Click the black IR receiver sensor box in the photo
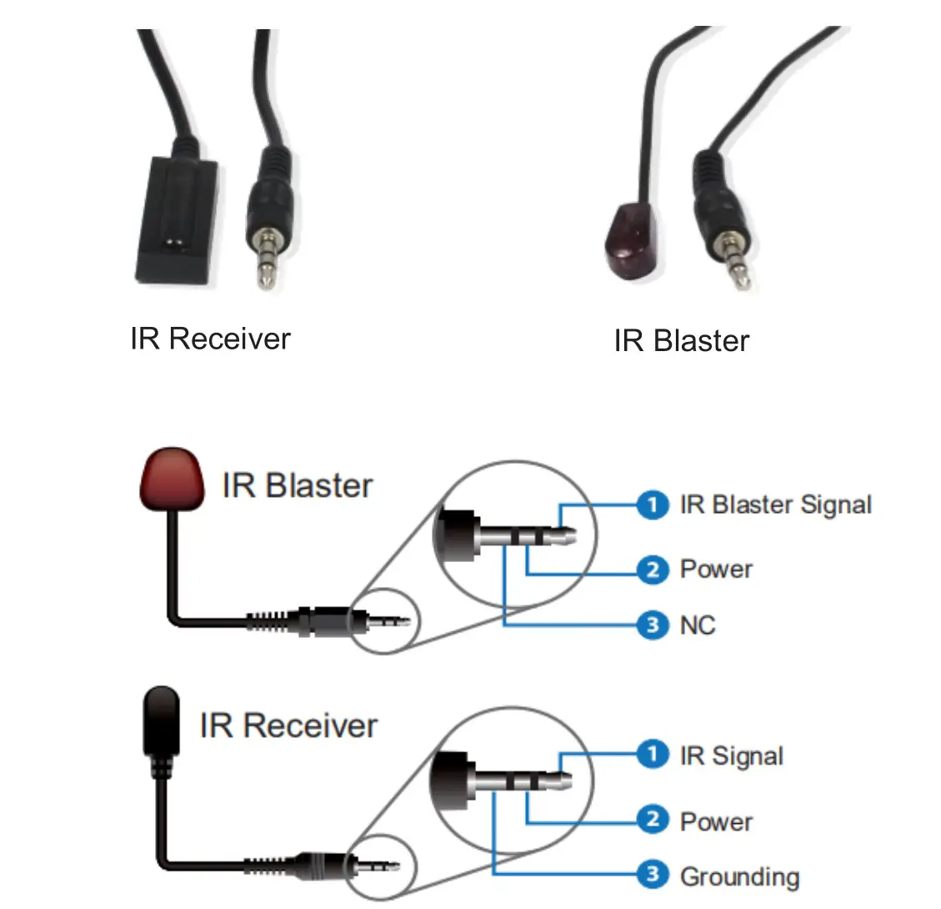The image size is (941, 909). click(176, 221)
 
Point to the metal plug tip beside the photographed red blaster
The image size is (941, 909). click(734, 259)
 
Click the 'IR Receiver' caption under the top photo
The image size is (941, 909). click(210, 339)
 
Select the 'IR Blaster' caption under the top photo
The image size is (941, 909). click(682, 340)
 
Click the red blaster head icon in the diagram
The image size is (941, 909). click(173, 480)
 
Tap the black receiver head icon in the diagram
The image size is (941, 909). click(162, 721)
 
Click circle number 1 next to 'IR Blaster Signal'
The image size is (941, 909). click(653, 505)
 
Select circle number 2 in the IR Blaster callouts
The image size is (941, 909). click(653, 570)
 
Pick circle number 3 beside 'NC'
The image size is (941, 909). click(653, 625)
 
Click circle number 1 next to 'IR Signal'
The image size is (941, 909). click(653, 754)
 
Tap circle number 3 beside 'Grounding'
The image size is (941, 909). click(653, 874)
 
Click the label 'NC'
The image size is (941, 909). click(698, 625)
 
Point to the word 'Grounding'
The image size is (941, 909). click(740, 877)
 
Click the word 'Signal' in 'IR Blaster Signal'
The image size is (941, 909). click(836, 505)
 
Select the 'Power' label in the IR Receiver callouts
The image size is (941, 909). click(716, 821)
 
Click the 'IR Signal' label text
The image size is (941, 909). click(732, 756)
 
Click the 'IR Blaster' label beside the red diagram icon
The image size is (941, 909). click(297, 485)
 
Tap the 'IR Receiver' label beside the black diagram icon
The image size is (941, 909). click(288, 726)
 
